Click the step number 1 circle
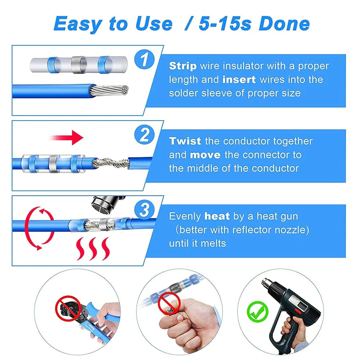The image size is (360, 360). point(144,60)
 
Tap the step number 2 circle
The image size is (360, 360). point(144,135)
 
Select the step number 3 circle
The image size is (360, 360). point(144,210)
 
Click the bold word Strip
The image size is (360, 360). point(183,66)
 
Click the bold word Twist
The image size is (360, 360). point(185,141)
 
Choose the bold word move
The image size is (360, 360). point(205,155)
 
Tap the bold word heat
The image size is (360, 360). point(217,216)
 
